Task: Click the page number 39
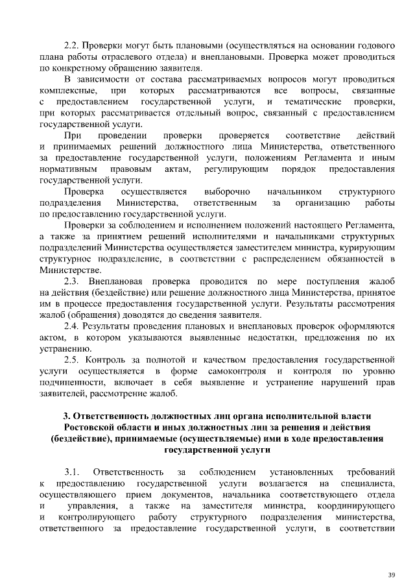(391, 575)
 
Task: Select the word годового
(377, 46)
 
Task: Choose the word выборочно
(227, 192)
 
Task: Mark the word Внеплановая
(117, 282)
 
